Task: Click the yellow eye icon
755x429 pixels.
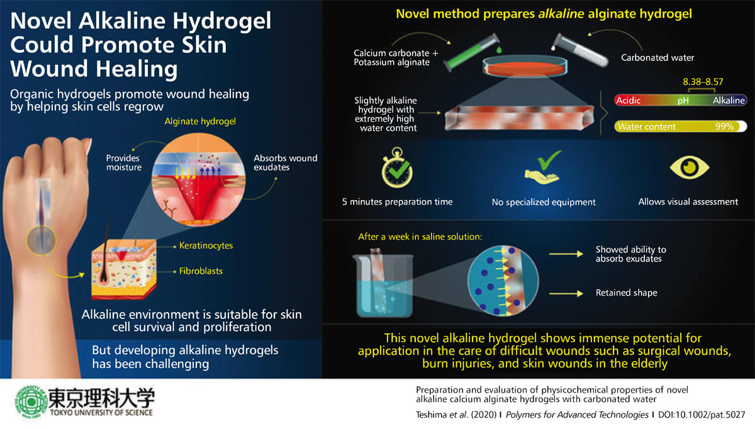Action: (688, 166)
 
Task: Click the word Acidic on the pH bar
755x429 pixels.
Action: (629, 100)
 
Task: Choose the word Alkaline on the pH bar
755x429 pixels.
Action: (729, 100)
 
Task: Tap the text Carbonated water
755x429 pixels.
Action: (657, 58)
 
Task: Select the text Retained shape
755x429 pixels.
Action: (626, 292)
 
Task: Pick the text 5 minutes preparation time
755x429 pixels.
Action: (397, 202)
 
